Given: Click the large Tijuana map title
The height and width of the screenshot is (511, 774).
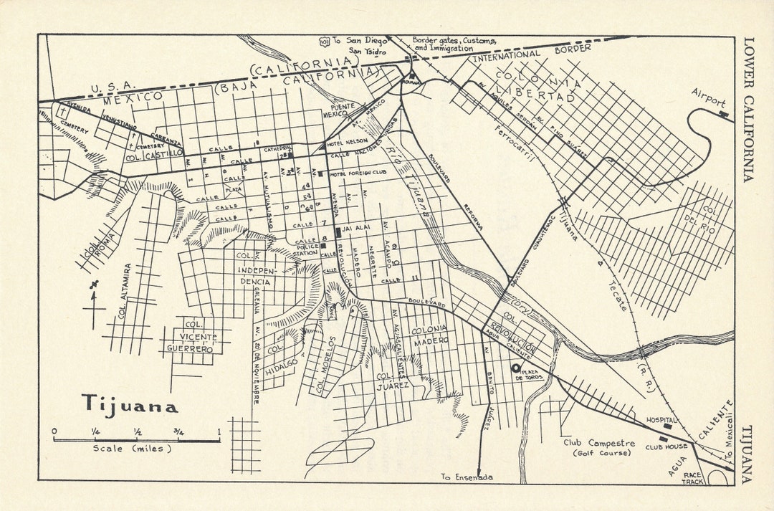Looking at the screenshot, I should pos(130,404).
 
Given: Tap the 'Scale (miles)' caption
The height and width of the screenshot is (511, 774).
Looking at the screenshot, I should pos(132,449).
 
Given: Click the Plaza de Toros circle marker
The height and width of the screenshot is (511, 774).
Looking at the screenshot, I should pos(515,368).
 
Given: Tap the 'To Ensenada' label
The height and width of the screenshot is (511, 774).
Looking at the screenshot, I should pos(467,477).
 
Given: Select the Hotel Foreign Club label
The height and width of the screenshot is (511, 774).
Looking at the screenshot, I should pos(358,174).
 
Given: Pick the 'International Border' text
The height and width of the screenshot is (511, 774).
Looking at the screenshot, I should pos(531,52).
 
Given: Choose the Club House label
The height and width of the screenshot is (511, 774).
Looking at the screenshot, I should pos(666,446).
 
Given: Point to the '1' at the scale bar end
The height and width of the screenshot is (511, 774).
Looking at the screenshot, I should pos(219,431).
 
